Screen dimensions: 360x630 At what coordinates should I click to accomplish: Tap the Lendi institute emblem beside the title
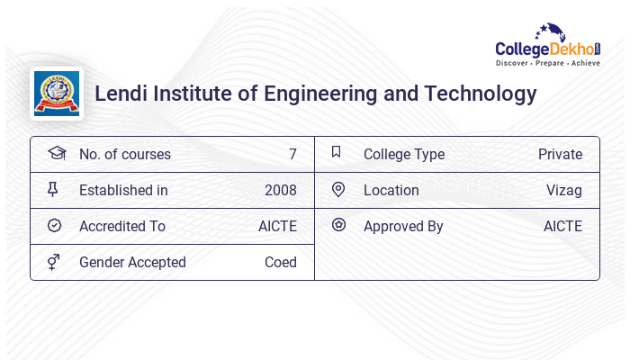point(56,94)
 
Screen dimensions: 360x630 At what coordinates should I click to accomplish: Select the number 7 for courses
point(292,155)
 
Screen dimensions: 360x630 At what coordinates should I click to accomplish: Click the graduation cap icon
point(56,154)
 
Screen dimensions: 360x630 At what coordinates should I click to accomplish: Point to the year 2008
point(281,191)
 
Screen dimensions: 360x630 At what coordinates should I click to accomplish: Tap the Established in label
point(123,191)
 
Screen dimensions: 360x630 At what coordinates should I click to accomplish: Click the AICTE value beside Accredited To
point(277,227)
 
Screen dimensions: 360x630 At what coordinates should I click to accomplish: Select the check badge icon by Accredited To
point(55,226)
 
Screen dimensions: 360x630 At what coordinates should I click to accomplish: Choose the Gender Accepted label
point(132,263)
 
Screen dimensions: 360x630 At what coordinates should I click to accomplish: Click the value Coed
point(281,263)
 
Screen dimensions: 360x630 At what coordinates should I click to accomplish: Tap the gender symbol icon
point(55,262)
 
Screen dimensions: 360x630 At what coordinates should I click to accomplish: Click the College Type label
point(404,155)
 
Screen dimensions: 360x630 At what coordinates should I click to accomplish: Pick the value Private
point(560,155)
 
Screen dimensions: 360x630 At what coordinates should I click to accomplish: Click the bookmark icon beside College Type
point(337,153)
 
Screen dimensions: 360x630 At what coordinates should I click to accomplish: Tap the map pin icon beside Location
point(338,190)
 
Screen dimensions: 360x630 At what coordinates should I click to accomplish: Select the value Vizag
point(564,191)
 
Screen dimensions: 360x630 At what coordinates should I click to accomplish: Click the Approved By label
point(403,227)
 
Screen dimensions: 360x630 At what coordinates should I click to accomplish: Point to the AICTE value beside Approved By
point(562,227)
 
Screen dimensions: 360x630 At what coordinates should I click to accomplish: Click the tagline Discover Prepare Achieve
point(547,64)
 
